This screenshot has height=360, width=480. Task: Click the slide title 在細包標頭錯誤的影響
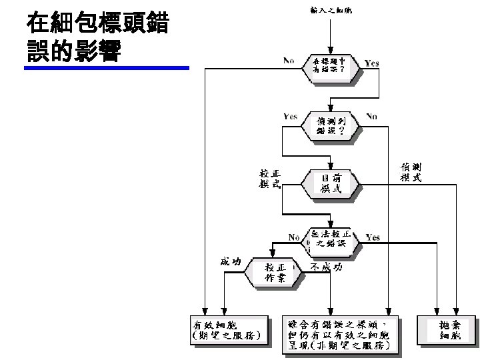pos(97,38)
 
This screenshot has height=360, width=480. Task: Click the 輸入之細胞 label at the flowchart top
pos(331,10)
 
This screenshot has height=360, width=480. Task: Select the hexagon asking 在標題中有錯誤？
pos(331,65)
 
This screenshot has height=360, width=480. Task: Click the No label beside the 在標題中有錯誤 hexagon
pos(289,61)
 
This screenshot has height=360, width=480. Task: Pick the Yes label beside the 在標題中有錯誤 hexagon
pos(372,63)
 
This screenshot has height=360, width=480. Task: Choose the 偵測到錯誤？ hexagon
pos(331,125)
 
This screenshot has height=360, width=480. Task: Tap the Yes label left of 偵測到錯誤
pos(291,116)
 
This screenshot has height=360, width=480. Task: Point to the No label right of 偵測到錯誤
pos(372,117)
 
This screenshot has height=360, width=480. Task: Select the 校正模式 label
pos(270,179)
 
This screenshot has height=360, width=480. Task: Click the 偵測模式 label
pos(411,171)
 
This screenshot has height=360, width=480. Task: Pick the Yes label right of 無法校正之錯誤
pos(373,237)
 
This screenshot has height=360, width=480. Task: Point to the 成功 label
pos(231,261)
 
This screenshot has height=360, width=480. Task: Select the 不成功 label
pos(327,267)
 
